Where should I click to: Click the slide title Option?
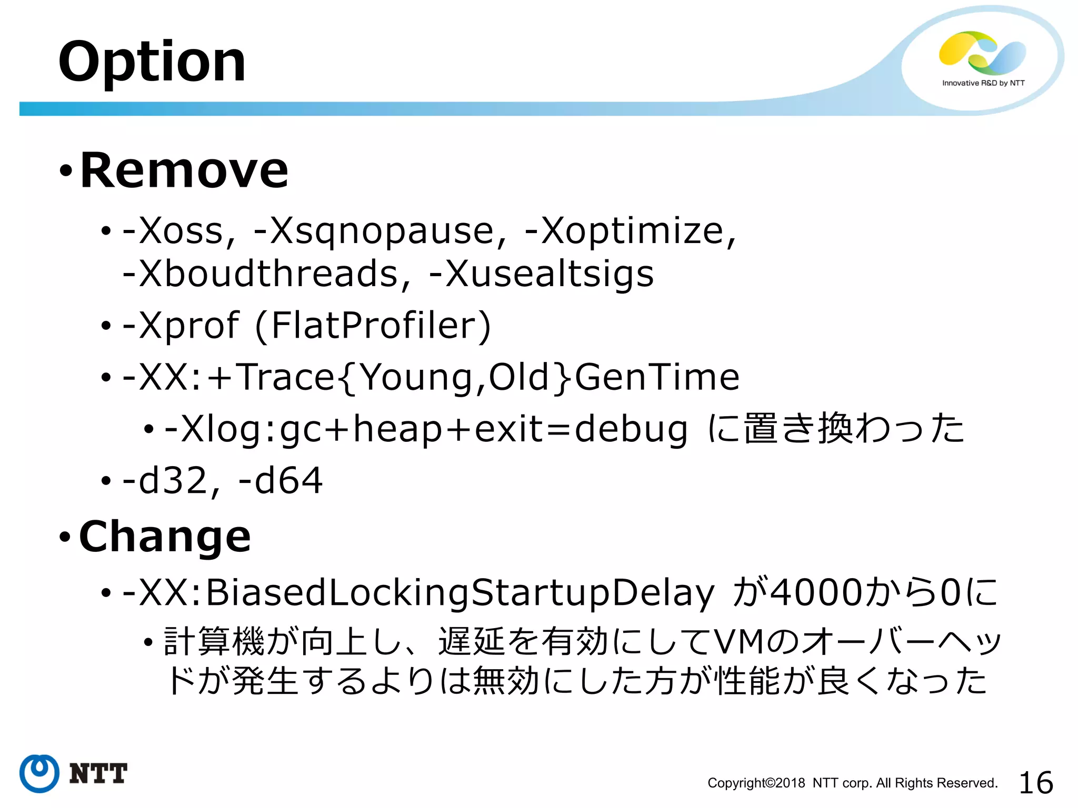click(152, 62)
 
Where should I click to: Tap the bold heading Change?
click(165, 536)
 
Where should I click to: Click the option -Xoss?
click(178, 231)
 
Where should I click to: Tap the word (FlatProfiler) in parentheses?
click(373, 326)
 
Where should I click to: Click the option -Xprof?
click(181, 325)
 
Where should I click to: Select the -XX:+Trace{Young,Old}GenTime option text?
click(431, 377)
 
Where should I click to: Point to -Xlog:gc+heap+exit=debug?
click(425, 429)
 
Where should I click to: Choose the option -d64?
click(280, 480)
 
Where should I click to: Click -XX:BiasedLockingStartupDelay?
click(418, 593)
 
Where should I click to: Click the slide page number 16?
click(1035, 782)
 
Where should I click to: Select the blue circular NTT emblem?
click(39, 773)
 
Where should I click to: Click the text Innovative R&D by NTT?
click(983, 83)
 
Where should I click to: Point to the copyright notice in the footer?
click(852, 783)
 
